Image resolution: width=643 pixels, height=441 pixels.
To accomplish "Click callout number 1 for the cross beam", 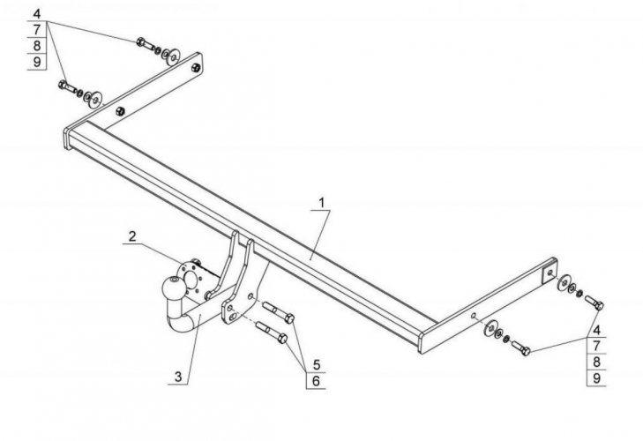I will pos(322,202).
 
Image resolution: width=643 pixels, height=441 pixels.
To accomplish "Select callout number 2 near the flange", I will pos(131,235).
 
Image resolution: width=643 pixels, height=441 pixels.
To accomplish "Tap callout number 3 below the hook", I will pos(179,377).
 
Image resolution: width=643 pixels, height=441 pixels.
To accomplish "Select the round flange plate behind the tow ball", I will pos(188,269).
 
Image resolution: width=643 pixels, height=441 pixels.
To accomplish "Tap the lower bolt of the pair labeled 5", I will pos(272,334).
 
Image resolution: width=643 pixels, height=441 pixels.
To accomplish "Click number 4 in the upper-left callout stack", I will pos(38,13).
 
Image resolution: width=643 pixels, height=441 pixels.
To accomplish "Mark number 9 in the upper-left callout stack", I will pos(38,62).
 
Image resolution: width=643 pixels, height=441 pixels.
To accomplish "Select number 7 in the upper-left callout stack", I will pos(38,29).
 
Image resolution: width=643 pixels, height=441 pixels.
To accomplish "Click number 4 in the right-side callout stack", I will pos(597,329).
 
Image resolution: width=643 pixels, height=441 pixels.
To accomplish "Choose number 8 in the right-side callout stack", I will pos(597,362).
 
